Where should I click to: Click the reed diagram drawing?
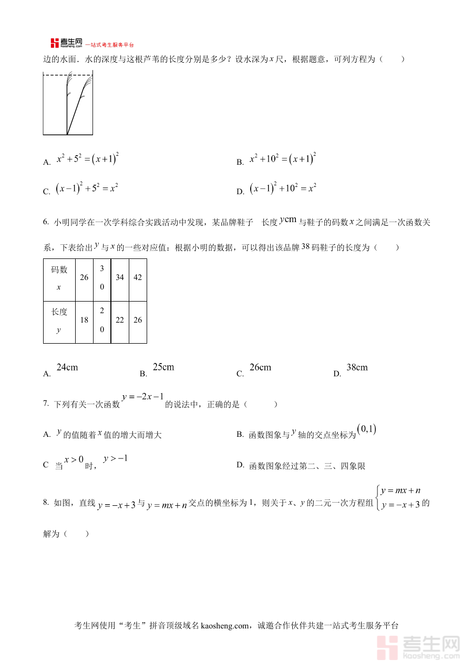68,105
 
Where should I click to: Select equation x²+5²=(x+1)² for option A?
87,159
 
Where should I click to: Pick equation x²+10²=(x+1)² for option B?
282,159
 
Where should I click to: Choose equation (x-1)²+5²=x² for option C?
87,189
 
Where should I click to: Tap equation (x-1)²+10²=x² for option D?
283,189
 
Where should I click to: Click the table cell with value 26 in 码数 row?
84,278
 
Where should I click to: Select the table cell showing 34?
120,278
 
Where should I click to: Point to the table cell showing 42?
138,278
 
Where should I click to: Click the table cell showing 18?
84,320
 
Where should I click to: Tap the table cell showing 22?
120,320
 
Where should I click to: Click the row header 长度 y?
59,321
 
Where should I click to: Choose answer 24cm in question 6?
67,367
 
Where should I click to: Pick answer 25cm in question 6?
163,367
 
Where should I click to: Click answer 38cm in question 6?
357,367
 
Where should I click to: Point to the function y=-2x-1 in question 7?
143,398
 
